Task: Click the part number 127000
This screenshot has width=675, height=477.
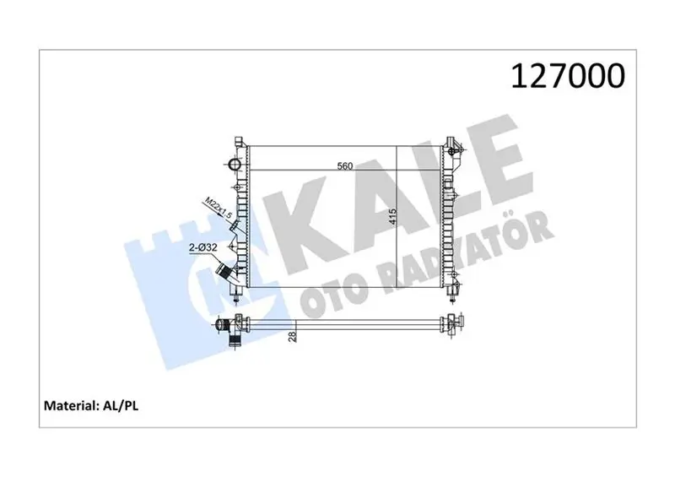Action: pyautogui.click(x=567, y=76)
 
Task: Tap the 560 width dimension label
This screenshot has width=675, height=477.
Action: pyautogui.click(x=345, y=165)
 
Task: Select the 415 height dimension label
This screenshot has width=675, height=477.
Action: pyautogui.click(x=391, y=217)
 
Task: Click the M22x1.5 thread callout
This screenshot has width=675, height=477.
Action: pyautogui.click(x=219, y=208)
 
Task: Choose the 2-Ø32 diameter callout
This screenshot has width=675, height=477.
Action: pyautogui.click(x=202, y=247)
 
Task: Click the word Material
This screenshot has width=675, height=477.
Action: pyautogui.click(x=71, y=405)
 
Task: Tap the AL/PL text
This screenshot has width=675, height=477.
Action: pyautogui.click(x=120, y=406)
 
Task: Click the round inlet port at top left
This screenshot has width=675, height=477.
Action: pyautogui.click(x=235, y=164)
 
